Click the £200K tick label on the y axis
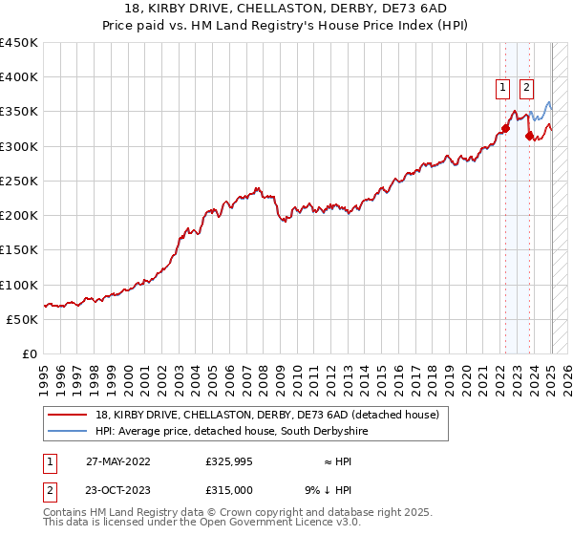coord(18,215)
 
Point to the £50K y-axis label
coord(22,320)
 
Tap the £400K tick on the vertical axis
coord(18,77)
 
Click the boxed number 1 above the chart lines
coord(503,88)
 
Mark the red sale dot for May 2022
coord(505,129)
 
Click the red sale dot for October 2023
coord(529,136)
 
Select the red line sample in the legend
coord(70,415)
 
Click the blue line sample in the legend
coord(70,432)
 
